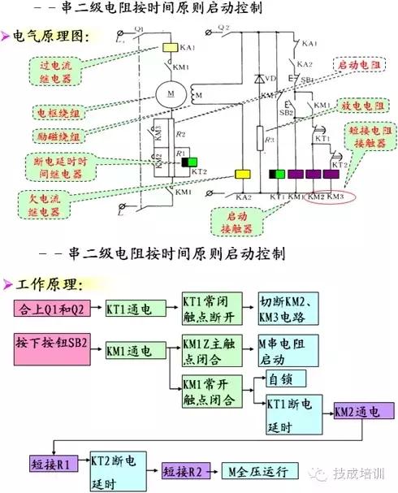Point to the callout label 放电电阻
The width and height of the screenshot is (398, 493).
pos(359,106)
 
